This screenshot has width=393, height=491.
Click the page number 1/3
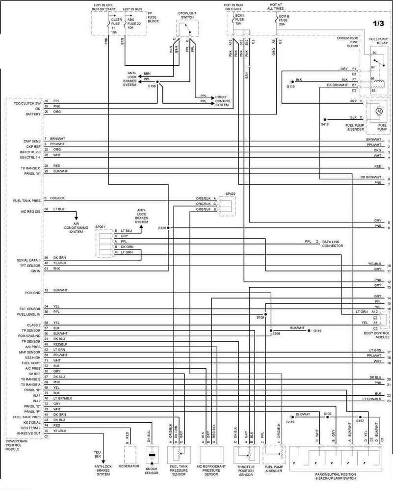pyautogui.click(x=379, y=23)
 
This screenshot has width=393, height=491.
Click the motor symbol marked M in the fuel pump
pyautogui.click(x=378, y=111)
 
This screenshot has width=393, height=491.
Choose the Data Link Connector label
pyautogui.click(x=332, y=244)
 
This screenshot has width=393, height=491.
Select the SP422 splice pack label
pyautogui.click(x=231, y=194)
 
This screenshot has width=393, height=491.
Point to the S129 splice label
pyautogui.click(x=162, y=228)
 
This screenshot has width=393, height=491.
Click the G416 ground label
pyautogui.click(x=324, y=125)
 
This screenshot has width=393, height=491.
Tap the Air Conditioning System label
pyautogui.click(x=76, y=229)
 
